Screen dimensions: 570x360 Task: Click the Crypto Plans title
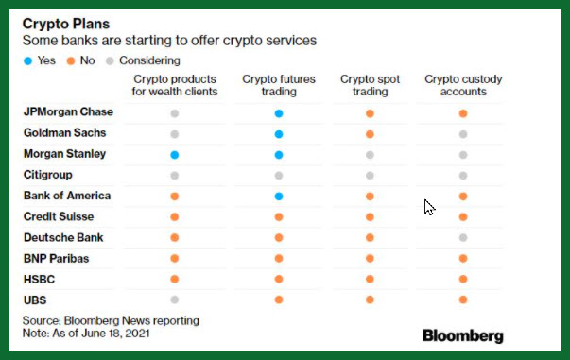point(66,24)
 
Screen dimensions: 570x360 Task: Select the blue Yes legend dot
point(28,60)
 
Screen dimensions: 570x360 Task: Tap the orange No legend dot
point(71,60)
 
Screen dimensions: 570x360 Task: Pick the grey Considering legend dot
point(110,60)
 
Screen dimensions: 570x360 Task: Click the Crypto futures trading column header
point(279,85)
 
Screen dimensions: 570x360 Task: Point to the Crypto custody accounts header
point(463,85)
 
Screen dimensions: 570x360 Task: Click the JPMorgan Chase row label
point(68,111)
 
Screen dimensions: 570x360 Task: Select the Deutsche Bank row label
point(63,237)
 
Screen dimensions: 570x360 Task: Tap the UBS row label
point(35,300)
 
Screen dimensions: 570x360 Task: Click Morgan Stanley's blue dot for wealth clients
point(175,155)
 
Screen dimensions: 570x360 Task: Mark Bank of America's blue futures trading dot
point(279,197)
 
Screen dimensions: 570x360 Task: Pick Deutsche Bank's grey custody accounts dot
point(463,238)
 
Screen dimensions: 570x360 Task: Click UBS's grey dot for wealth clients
point(175,300)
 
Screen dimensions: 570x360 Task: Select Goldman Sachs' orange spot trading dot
point(370,134)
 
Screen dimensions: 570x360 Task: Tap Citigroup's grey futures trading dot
point(279,176)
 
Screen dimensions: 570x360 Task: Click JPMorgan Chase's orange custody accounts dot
point(463,113)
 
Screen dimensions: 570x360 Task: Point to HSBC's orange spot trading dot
point(370,279)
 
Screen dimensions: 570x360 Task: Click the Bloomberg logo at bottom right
point(463,336)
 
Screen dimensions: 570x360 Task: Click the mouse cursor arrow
point(429,207)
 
